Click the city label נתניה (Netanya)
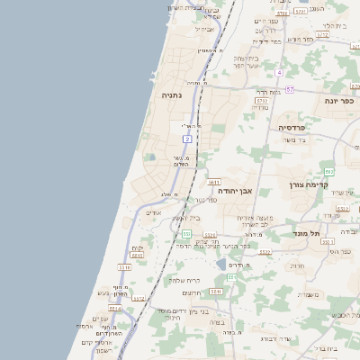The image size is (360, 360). point(172,94)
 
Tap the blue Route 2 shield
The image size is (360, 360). point(187,139)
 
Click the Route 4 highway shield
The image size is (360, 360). point(279,72)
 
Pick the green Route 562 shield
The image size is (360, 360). point(329,171)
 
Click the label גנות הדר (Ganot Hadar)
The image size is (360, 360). point(269,92)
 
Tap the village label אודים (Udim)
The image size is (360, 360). point(154,213)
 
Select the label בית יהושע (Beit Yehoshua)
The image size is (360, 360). point(184,219)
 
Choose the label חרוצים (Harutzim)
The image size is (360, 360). point(192,292)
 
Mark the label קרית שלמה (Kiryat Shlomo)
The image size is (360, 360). point(183,279)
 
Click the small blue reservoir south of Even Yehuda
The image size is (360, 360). point(221,265)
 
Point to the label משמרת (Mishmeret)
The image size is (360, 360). point(309,293)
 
